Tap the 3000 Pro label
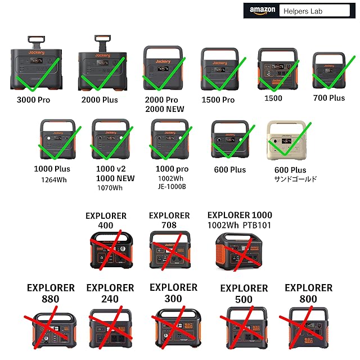[36, 100]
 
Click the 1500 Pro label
[218, 100]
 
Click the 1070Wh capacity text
[110, 187]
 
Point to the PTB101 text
[258, 226]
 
